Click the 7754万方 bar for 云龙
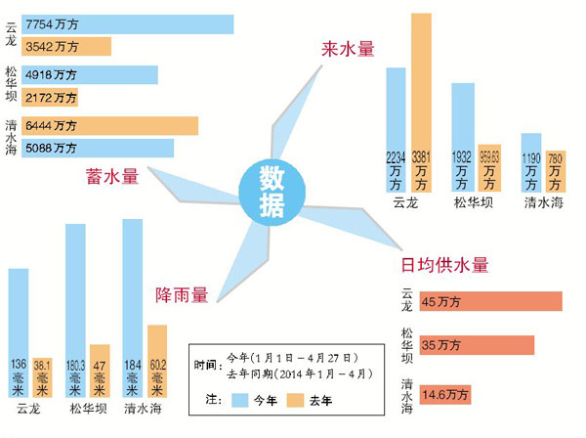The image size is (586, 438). pos(127,24)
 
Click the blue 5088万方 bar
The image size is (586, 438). pos(98,149)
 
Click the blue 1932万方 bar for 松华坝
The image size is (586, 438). pos(462,137)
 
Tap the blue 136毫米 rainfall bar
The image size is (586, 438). pos(19,332)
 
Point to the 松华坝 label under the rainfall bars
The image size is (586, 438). pos(89,410)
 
